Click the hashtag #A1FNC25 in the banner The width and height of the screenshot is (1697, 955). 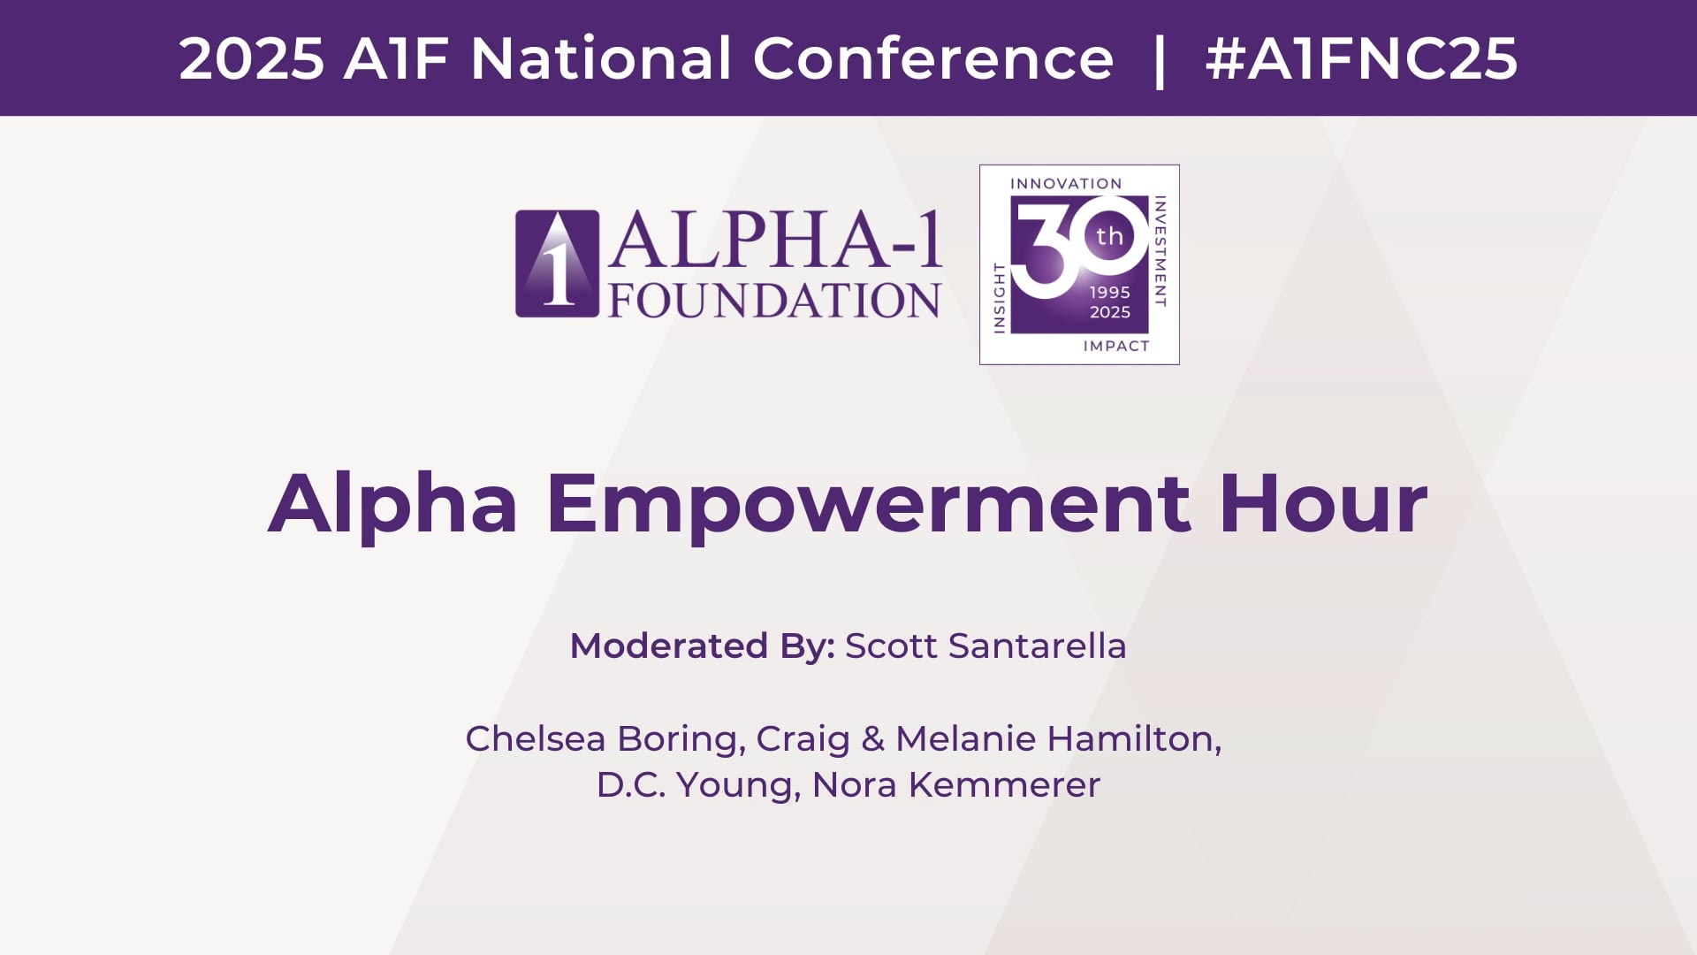1361,59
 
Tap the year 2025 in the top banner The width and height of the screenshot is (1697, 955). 252,59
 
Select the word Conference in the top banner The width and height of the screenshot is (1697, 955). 933,59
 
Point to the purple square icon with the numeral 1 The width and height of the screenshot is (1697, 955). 557,264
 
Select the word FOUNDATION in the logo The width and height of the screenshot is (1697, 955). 774,300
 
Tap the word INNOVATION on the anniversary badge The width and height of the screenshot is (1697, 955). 1066,184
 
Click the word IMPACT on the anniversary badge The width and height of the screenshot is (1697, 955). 1116,346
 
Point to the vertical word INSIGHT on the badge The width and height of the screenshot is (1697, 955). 1001,297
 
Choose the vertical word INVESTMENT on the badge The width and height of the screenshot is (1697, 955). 1161,252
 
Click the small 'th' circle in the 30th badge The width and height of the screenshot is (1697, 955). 1109,236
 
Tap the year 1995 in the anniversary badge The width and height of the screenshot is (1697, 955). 1110,293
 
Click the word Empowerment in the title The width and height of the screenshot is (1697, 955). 868,506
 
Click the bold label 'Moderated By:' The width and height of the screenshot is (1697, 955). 703,646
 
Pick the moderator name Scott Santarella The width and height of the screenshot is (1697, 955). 985,646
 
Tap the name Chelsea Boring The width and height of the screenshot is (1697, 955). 602,739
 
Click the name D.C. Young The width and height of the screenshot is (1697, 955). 698,785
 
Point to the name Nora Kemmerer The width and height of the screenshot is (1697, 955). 956,785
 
